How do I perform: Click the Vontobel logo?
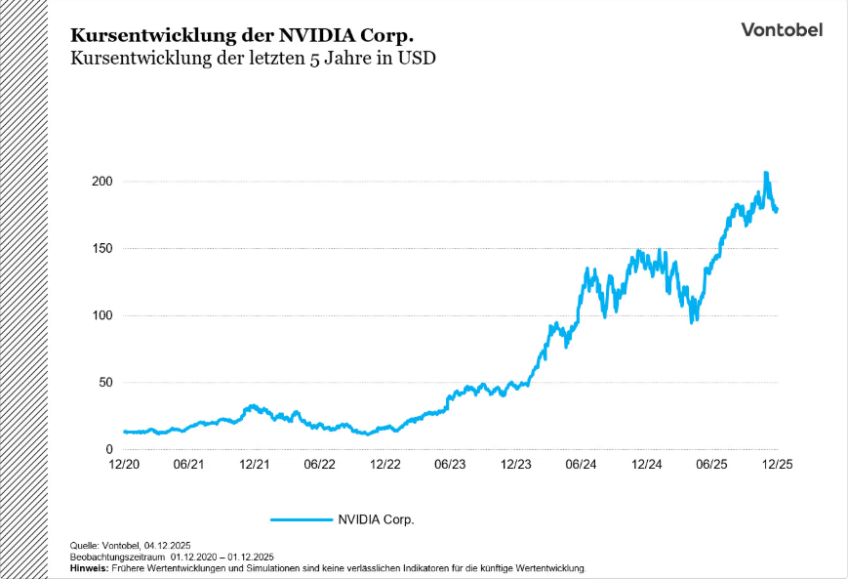(781, 29)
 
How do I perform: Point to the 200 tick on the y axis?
(101, 182)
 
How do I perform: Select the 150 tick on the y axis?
(101, 249)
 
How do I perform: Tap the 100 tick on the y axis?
(101, 315)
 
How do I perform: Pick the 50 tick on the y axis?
(104, 383)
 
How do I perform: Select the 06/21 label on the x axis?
(188, 465)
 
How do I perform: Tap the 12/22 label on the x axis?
(384, 465)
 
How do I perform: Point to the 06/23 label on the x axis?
(450, 465)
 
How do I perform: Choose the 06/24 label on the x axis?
(581, 465)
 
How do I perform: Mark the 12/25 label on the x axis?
(777, 465)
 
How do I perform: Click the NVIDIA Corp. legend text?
(376, 519)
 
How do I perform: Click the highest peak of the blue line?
(766, 173)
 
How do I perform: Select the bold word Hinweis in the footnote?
(90, 567)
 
